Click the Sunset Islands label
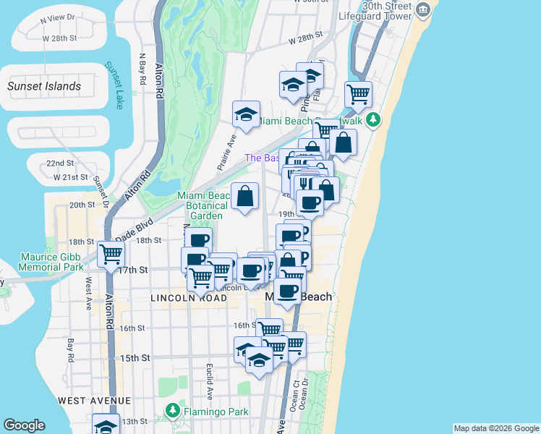44,86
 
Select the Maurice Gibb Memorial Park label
42,261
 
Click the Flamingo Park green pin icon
172,411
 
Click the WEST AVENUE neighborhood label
94,400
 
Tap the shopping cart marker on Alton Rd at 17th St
111,253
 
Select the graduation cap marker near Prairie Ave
246,114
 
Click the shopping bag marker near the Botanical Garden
245,196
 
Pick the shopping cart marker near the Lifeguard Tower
359,93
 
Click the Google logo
24,425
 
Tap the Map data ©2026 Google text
495,428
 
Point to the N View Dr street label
64,17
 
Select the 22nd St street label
61,163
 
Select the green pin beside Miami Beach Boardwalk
372,119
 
